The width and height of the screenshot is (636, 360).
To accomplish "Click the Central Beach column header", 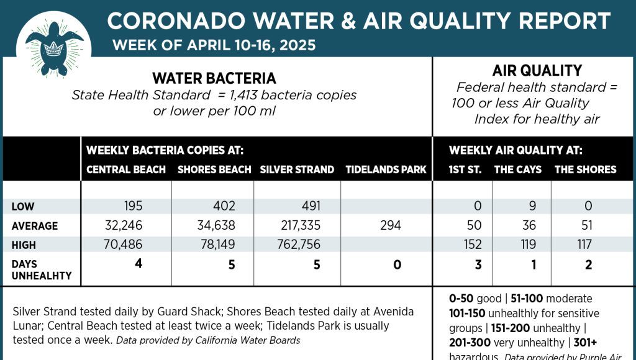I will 126,169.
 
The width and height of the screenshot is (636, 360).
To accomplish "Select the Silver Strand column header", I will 297,169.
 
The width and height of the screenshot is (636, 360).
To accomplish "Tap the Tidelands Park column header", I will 386,169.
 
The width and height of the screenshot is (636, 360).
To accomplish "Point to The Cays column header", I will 517,169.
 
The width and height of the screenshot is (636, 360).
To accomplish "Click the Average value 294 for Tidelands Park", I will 391,225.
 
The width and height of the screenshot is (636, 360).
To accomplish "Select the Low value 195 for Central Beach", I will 133,206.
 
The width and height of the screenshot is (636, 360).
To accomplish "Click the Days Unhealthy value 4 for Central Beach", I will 139,264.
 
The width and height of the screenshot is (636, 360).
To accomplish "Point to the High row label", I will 24,246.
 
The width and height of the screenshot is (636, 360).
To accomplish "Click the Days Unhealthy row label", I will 42,270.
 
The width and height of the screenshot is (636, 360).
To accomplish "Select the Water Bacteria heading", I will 214,79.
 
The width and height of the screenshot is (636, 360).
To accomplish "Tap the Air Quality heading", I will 537,71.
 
